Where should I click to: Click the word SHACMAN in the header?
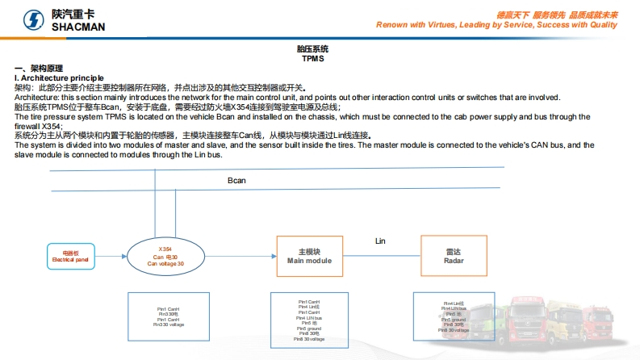78,27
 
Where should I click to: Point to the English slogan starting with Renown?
496,25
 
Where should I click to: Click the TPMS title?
313,59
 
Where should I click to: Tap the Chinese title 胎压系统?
313,50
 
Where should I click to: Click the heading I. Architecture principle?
59,77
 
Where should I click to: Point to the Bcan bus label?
236,180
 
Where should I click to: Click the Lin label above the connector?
381,241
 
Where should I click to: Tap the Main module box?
309,257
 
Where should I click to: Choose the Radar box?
454,257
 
